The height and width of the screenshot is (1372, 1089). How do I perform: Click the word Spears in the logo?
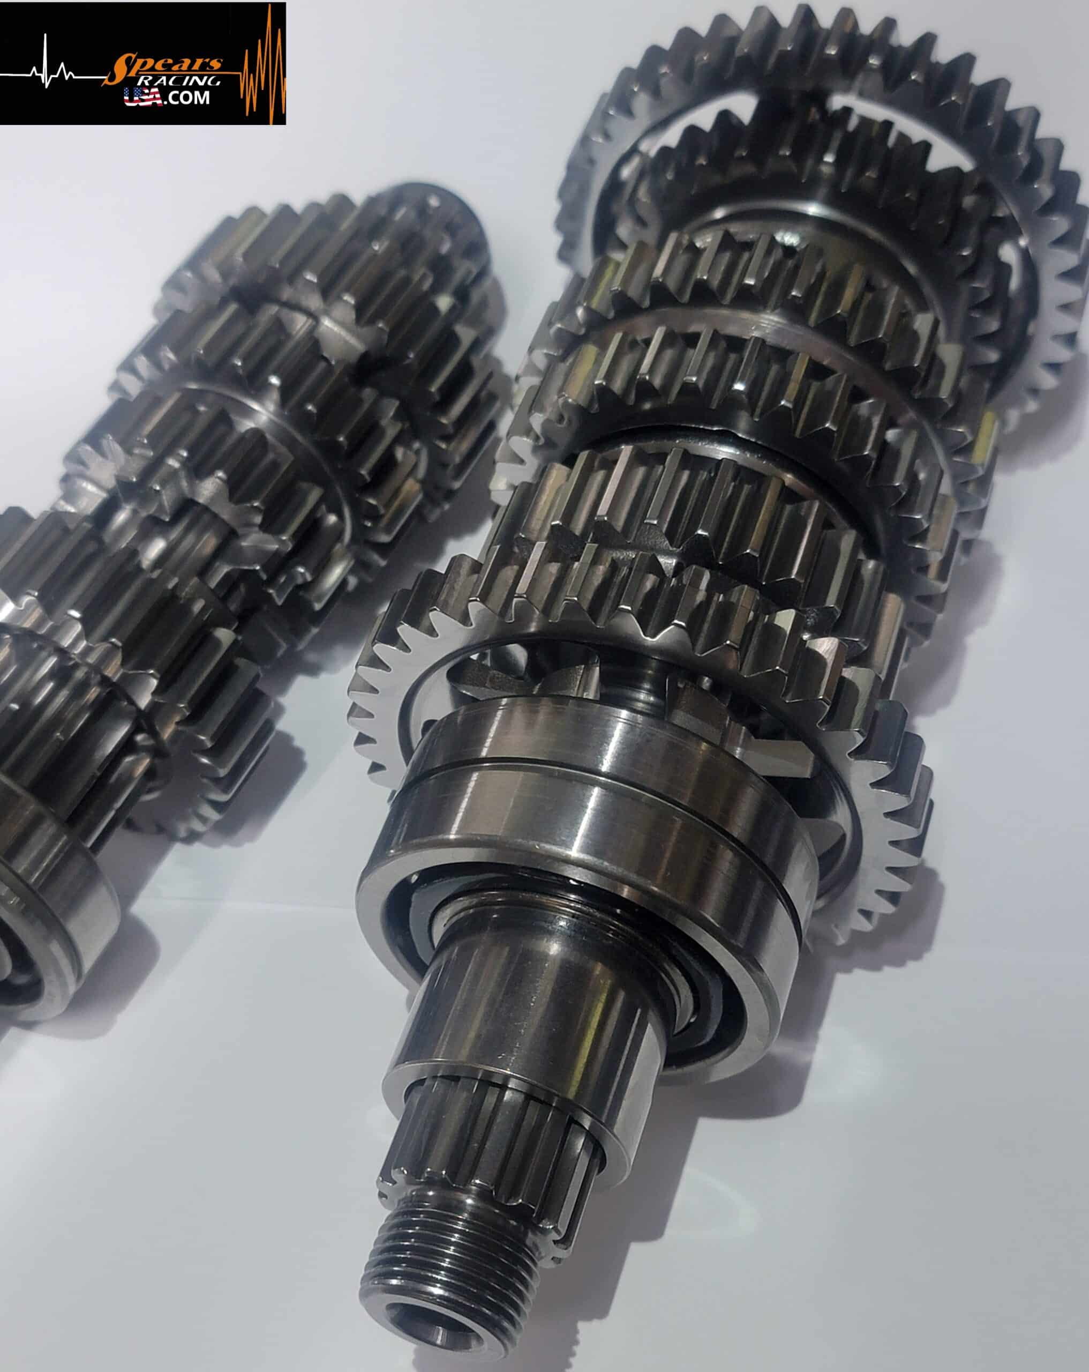click(x=167, y=64)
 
